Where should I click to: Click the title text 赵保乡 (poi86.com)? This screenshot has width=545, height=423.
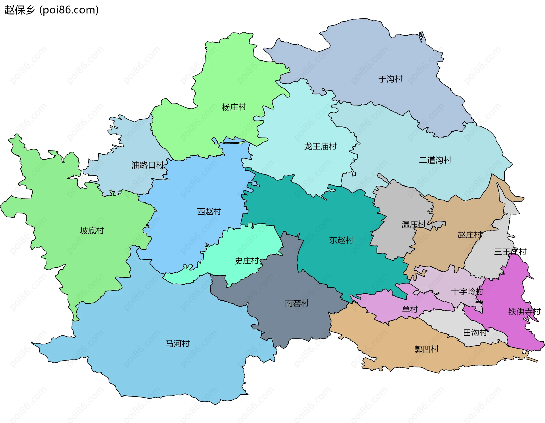point(52,10)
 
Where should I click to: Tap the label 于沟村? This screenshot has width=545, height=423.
point(390,79)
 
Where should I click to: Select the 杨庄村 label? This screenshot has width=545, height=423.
point(234,107)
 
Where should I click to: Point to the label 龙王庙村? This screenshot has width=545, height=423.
point(320,147)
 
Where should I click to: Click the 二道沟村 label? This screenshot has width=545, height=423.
point(435,160)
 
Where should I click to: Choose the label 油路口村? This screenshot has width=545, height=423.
point(148,165)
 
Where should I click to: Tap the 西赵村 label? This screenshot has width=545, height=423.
point(209,212)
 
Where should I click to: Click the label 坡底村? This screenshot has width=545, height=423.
point(92,230)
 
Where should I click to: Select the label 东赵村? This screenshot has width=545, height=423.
point(341,240)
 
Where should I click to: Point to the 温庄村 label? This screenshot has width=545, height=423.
point(413,224)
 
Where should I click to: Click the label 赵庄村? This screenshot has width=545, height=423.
point(469,235)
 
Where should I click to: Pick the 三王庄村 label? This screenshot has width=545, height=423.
point(510,251)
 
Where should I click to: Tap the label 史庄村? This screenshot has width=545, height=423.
point(247,261)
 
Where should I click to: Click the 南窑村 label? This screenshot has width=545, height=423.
point(297,303)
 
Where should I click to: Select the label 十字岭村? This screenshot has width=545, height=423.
point(467,291)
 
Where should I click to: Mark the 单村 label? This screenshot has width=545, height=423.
point(410,309)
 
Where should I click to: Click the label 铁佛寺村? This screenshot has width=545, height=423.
point(524,312)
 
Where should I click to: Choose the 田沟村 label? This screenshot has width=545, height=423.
point(475,333)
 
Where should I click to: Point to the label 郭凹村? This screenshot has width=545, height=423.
point(426,349)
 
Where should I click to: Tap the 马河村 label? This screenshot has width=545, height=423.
point(177,344)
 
